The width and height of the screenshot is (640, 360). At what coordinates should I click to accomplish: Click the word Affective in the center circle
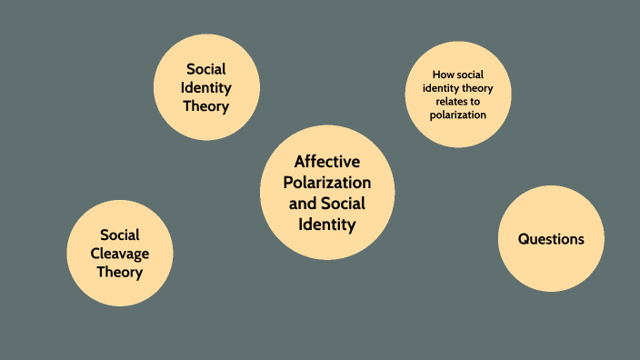pyautogui.click(x=327, y=162)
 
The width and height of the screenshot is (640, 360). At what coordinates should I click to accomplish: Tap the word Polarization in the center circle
pyautogui.click(x=327, y=183)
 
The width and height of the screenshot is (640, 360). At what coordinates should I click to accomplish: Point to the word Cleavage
pyautogui.click(x=121, y=254)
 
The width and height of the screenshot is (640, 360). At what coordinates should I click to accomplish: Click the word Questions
pyautogui.click(x=551, y=239)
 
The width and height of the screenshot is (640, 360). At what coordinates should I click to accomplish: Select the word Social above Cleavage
pyautogui.click(x=121, y=235)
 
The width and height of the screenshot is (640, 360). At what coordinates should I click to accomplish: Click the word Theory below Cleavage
pyautogui.click(x=121, y=273)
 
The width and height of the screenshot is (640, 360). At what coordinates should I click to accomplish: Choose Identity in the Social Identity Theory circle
pyautogui.click(x=206, y=88)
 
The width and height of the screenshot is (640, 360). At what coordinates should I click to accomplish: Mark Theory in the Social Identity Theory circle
pyautogui.click(x=206, y=106)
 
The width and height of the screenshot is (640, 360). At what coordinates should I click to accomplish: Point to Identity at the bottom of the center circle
pyautogui.click(x=327, y=225)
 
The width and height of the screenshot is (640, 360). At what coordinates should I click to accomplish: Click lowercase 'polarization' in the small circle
pyautogui.click(x=458, y=115)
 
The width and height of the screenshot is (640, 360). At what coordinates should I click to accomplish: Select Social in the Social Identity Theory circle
pyautogui.click(x=206, y=69)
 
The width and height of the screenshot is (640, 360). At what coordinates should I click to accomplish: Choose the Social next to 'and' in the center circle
pyautogui.click(x=344, y=204)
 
